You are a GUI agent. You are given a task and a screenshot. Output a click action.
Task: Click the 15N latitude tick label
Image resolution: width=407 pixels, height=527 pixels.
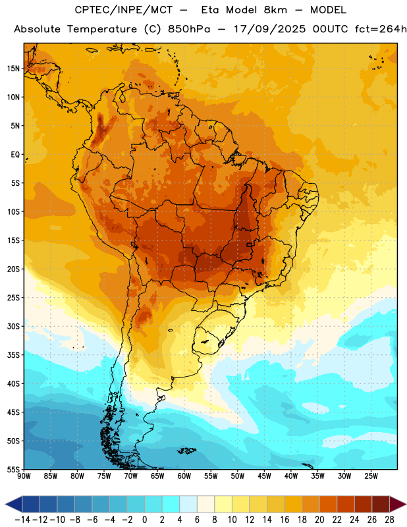[13, 69]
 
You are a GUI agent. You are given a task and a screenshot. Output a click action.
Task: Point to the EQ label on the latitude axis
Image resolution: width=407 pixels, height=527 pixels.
[15, 155]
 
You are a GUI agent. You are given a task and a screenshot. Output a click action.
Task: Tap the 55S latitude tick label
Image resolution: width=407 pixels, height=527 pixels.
[13, 469]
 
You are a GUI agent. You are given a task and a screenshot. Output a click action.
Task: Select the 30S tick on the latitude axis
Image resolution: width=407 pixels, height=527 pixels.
[13, 326]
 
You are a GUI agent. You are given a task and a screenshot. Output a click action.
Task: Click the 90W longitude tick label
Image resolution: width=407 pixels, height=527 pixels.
[24, 476]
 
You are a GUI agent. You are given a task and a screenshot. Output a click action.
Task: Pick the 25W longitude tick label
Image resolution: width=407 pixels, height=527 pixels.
[371, 476]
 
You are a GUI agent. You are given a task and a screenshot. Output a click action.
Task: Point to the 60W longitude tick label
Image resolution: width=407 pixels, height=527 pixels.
[184, 476]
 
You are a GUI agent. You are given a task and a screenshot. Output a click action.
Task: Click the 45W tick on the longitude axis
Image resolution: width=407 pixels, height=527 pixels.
[264, 476]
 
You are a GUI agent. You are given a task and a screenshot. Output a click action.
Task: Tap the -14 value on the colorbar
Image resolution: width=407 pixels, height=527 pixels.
[22, 520]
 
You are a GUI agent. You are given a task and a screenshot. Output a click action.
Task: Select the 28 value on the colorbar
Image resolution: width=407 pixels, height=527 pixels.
[389, 520]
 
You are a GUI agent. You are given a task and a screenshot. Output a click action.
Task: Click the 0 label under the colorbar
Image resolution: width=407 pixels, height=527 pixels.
[144, 520]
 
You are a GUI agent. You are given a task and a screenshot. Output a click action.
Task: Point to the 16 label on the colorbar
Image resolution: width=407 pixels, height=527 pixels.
[285, 520]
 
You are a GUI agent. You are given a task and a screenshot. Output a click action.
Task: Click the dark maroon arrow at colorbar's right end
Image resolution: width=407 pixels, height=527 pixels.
[397, 504]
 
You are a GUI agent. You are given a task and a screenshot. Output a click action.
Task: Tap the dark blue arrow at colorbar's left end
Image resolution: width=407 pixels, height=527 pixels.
[14, 504]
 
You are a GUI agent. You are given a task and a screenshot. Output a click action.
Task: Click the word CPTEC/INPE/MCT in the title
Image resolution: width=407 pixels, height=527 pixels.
[124, 10]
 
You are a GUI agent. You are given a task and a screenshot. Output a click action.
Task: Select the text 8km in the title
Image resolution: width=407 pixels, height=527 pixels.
[275, 10]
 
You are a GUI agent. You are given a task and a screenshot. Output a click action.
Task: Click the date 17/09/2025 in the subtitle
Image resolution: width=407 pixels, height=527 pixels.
[270, 29]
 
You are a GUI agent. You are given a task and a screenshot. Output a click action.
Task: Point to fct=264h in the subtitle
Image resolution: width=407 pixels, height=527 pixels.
[381, 29]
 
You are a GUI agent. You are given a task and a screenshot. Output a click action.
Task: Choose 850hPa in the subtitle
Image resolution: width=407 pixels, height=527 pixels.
[189, 29]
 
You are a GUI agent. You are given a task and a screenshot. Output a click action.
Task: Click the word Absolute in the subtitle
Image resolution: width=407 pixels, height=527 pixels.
[37, 29]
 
